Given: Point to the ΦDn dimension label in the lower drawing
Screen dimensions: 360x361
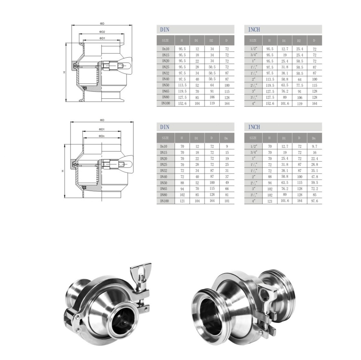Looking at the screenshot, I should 102,136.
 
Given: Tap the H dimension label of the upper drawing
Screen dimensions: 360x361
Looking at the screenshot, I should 63,72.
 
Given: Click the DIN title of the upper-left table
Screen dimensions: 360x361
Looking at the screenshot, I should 165,29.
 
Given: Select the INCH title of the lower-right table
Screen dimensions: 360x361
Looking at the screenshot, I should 254,127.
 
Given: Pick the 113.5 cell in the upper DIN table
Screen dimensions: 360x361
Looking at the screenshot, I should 182,85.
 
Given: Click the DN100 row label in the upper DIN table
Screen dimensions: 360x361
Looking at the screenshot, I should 166,103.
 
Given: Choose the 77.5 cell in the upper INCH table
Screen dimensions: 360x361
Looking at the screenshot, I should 300,85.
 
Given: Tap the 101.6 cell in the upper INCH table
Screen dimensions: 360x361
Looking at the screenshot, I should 284,103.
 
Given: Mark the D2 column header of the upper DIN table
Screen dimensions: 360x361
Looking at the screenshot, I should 212,40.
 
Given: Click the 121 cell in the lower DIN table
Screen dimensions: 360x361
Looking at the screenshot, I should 182,201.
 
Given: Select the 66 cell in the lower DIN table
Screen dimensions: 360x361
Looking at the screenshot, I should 227,189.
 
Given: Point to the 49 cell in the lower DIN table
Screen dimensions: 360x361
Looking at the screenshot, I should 227,183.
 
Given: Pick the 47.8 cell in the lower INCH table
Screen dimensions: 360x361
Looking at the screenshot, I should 314,177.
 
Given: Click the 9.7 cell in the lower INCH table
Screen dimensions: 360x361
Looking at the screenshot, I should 314,147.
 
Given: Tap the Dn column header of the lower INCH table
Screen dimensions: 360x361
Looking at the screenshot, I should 314,138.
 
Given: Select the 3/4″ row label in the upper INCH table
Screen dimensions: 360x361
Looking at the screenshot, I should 254,55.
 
